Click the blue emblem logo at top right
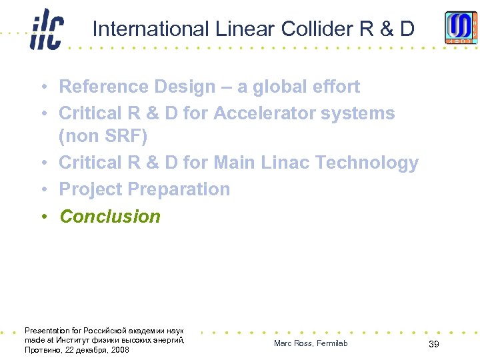pyautogui.click(x=461, y=28)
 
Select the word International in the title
pyautogui.click(x=151, y=29)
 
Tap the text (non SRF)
pyautogui.click(x=103, y=136)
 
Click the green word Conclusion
pyautogui.click(x=110, y=217)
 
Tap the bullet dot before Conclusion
pyautogui.click(x=42, y=217)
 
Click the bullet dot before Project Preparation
pyautogui.click(x=42, y=189)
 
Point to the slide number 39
pyautogui.click(x=433, y=344)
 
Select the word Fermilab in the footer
pyautogui.click(x=332, y=343)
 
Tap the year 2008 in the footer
pyautogui.click(x=121, y=350)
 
